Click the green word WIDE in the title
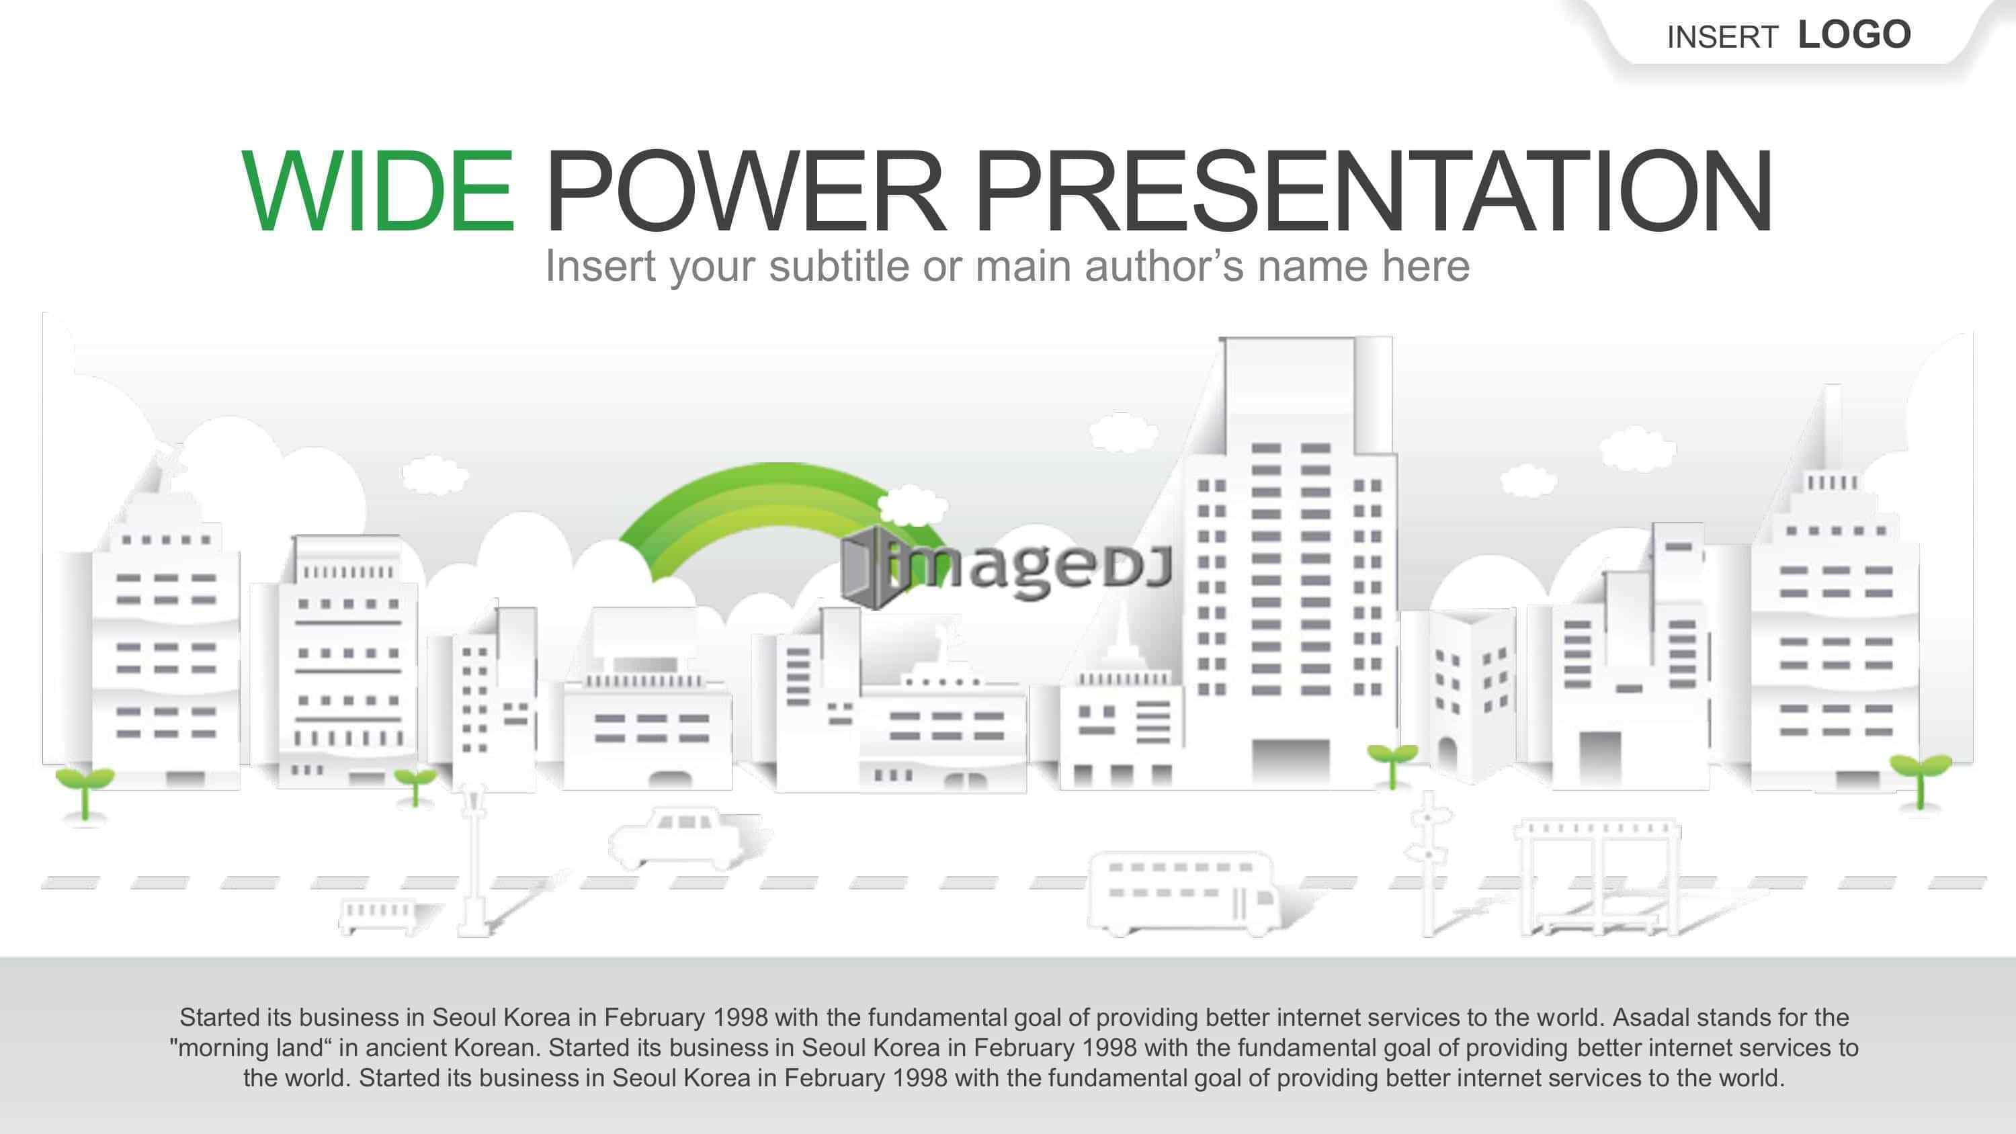(378, 191)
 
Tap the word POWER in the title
(745, 191)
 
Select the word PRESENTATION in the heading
(1374, 191)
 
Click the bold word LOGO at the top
(1855, 35)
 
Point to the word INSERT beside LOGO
(1722, 38)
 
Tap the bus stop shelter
(1597, 877)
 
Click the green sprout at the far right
(1920, 779)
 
